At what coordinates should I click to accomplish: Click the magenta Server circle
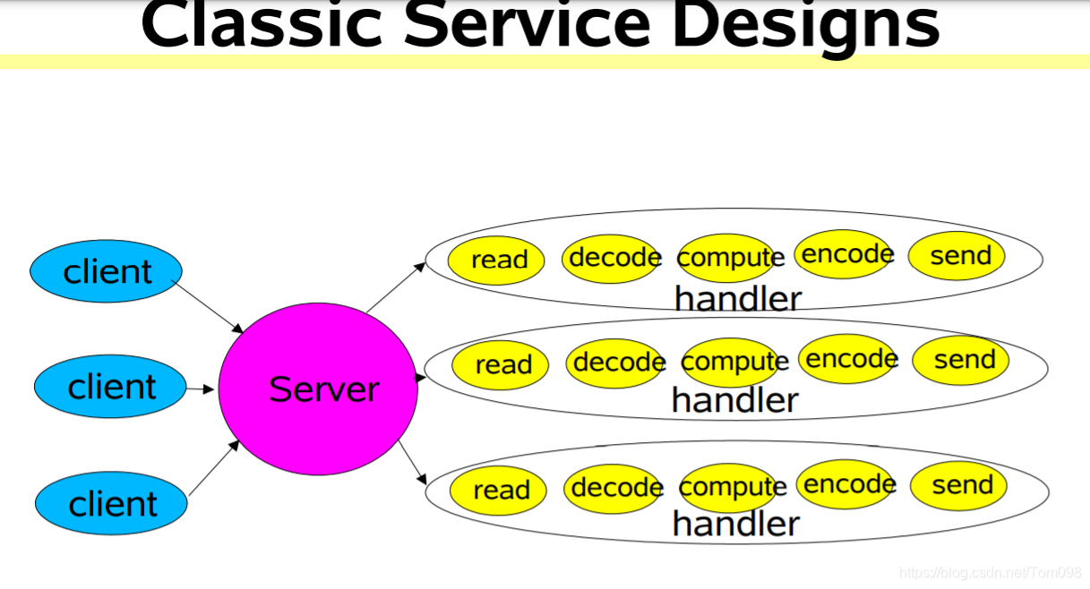pyautogui.click(x=318, y=388)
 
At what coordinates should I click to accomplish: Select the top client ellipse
pyautogui.click(x=107, y=270)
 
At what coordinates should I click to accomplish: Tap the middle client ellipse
pyautogui.click(x=111, y=387)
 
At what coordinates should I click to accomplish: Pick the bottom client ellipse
pyautogui.click(x=111, y=503)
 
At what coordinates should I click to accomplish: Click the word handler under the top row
pyautogui.click(x=737, y=298)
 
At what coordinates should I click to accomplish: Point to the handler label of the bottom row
pyautogui.click(x=735, y=524)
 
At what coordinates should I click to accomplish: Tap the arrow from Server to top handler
pyautogui.click(x=396, y=286)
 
